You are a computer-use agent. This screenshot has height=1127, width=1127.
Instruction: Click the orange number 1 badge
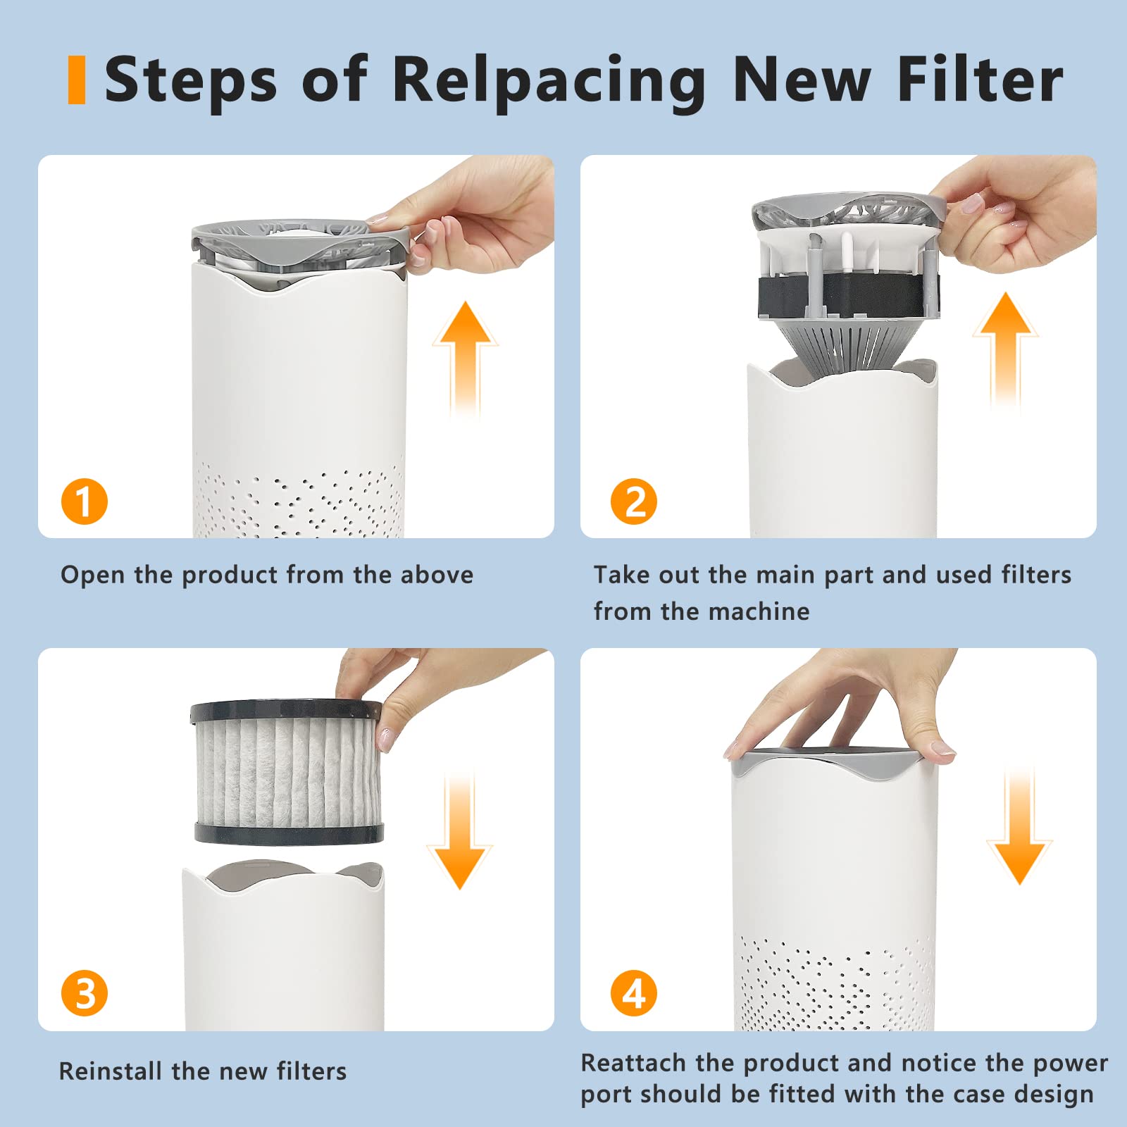(x=85, y=502)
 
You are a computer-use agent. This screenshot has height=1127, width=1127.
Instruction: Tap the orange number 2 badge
(x=634, y=502)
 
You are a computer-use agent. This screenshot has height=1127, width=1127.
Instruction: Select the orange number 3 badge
(x=85, y=993)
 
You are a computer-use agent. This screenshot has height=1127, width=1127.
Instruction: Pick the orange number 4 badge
(x=634, y=993)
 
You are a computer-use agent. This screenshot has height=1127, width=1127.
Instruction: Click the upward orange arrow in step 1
(x=465, y=359)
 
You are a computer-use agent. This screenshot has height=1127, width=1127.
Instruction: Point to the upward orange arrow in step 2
(x=1006, y=350)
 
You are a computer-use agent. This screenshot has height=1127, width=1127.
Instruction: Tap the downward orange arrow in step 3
(x=460, y=830)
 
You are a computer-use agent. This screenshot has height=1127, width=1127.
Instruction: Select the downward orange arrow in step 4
(x=1019, y=826)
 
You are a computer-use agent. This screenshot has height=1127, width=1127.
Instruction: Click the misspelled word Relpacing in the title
(x=549, y=81)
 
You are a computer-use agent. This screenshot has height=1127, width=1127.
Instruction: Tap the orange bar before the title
(x=77, y=80)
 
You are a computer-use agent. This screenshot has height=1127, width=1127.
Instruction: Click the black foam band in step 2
(x=845, y=295)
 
